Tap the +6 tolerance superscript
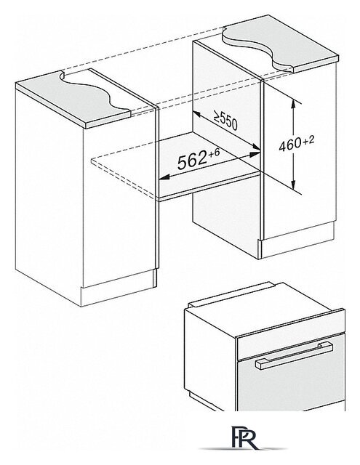click(x=214, y=153)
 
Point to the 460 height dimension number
click(x=290, y=145)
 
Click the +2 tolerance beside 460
click(x=308, y=140)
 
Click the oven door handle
click(x=294, y=355)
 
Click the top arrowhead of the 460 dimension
click(x=293, y=104)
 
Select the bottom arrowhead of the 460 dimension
click(x=293, y=186)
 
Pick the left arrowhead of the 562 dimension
click(x=164, y=177)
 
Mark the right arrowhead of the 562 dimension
click(x=255, y=154)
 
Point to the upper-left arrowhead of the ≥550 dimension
click(x=197, y=115)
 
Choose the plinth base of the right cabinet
click(x=297, y=240)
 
